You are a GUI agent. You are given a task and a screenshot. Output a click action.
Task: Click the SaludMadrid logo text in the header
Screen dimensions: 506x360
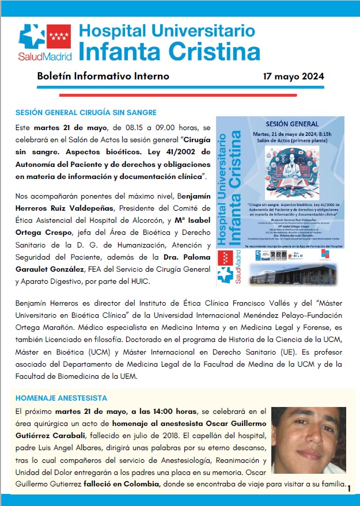44,56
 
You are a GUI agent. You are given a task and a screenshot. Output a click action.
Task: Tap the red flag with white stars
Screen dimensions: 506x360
59,38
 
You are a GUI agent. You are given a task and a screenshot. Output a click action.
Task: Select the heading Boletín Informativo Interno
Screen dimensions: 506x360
103,76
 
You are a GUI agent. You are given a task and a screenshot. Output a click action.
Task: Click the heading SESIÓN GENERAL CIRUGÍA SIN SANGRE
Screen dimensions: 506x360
86,112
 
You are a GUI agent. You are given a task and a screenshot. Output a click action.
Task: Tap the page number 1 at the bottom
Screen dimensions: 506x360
349,489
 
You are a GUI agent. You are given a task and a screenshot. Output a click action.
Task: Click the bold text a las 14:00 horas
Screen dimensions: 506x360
120,411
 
